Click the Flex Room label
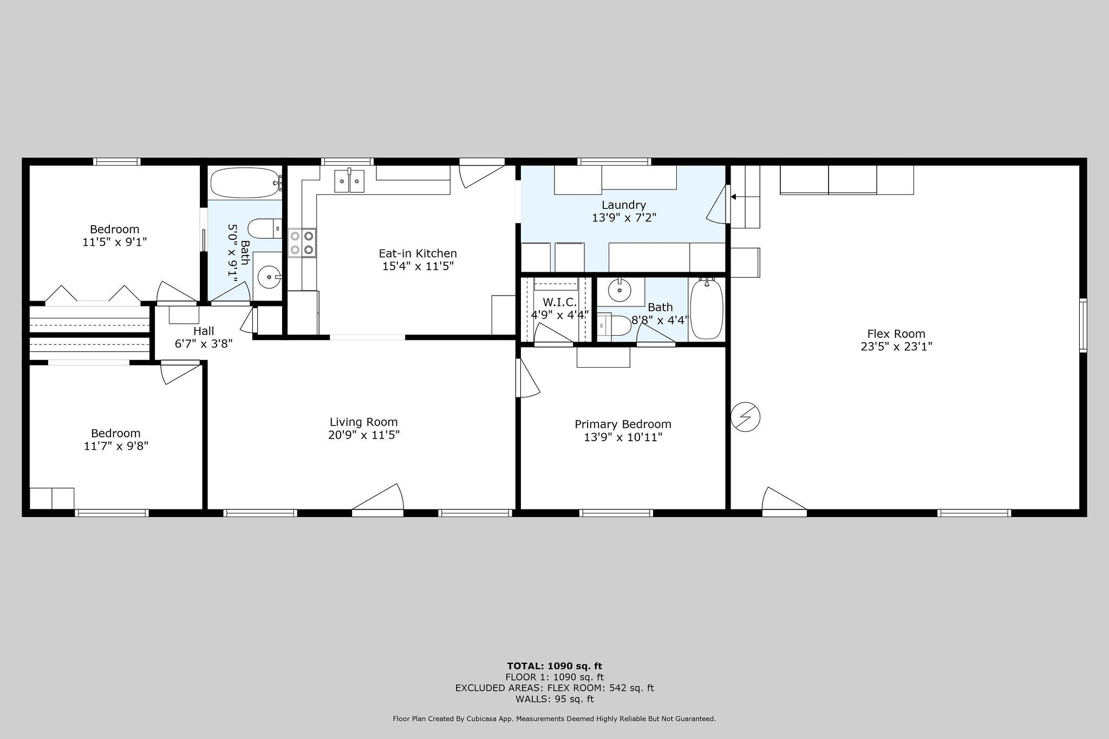tap(896, 334)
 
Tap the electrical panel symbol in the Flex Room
tap(745, 417)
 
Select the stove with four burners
tap(302, 243)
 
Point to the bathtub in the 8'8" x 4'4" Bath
tap(707, 309)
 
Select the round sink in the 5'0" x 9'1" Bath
tap(269, 278)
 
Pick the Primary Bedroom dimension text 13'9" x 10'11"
tap(623, 437)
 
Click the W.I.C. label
tap(559, 302)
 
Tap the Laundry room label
tap(623, 205)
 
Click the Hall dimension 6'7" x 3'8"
tap(204, 343)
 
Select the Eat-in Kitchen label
tap(417, 253)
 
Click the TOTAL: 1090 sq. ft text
tap(554, 666)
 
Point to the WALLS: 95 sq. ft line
tap(554, 699)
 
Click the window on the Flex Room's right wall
tap(1083, 325)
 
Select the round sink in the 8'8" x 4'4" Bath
tap(619, 291)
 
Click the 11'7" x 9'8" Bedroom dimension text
tap(116, 446)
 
